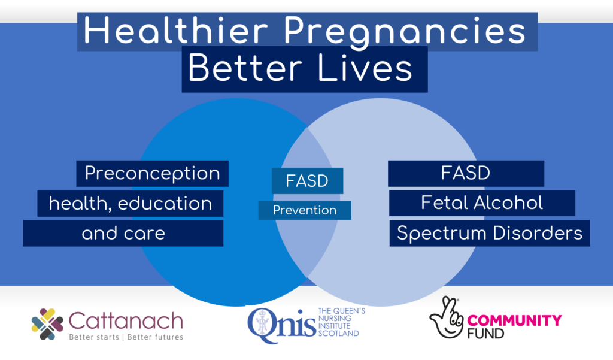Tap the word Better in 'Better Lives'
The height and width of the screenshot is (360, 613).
click(x=245, y=68)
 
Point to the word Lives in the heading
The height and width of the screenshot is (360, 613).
click(x=365, y=68)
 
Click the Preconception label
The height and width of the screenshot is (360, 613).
click(x=153, y=173)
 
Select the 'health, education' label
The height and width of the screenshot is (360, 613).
click(x=130, y=204)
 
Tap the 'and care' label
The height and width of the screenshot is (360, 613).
click(x=123, y=233)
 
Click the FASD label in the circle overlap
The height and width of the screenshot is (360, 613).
click(x=307, y=181)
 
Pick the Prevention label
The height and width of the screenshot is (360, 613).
click(x=305, y=210)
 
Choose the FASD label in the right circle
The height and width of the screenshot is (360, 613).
click(x=465, y=173)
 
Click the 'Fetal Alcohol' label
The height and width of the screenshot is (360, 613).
click(x=482, y=202)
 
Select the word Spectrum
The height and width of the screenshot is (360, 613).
click(x=442, y=234)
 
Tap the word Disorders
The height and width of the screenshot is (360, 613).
click(x=538, y=233)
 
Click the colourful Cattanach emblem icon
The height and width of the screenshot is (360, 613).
click(x=47, y=324)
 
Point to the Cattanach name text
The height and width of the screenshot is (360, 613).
click(x=126, y=321)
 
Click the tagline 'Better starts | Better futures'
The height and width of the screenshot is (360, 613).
click(x=126, y=337)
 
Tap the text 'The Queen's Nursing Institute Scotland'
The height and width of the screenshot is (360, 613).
click(x=342, y=322)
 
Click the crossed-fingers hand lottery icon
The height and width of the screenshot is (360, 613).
click(x=447, y=317)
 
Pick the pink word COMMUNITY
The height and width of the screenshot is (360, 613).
click(x=514, y=321)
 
